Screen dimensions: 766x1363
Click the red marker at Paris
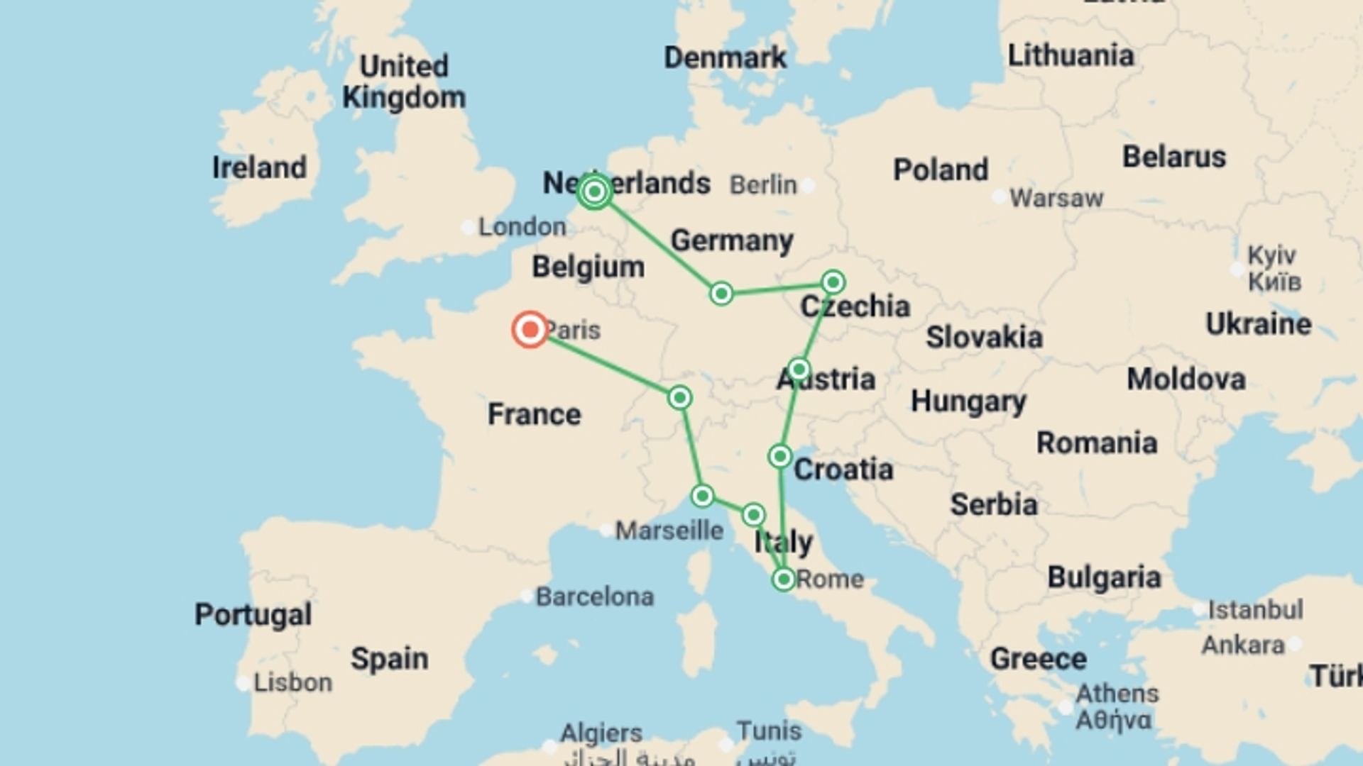click(x=530, y=330)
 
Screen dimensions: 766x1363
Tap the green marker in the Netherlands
click(x=595, y=191)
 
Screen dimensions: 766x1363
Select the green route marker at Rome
click(x=783, y=579)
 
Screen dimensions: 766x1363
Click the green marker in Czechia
click(x=833, y=282)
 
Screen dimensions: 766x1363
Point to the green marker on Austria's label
click(x=799, y=370)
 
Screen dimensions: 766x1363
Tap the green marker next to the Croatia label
click(x=779, y=456)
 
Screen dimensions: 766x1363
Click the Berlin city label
click(x=763, y=185)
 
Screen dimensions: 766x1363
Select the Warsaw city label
click(x=1056, y=198)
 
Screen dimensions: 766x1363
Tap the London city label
click(x=522, y=227)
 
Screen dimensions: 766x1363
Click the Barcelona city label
click(x=594, y=596)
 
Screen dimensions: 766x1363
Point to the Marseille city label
click(x=669, y=530)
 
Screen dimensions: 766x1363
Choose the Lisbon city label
click(x=292, y=682)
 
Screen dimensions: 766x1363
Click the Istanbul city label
click(x=1255, y=609)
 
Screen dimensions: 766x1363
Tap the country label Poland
click(x=940, y=170)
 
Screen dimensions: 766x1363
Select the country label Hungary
click(x=968, y=401)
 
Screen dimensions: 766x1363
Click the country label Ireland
click(x=259, y=167)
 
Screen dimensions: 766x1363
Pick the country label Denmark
click(x=725, y=57)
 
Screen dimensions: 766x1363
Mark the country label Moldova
click(x=1186, y=379)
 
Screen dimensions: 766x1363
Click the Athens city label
click(x=1117, y=693)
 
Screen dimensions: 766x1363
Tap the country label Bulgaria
click(x=1104, y=577)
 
